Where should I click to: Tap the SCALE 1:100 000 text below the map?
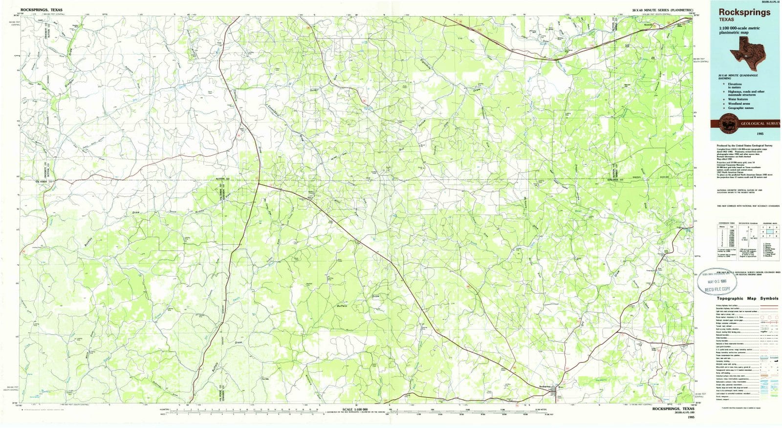[x=355, y=409]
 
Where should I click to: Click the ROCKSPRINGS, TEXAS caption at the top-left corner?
[x=42, y=9]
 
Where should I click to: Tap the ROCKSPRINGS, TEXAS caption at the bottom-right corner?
[x=673, y=409]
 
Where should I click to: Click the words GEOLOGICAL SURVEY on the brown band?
[x=759, y=124]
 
